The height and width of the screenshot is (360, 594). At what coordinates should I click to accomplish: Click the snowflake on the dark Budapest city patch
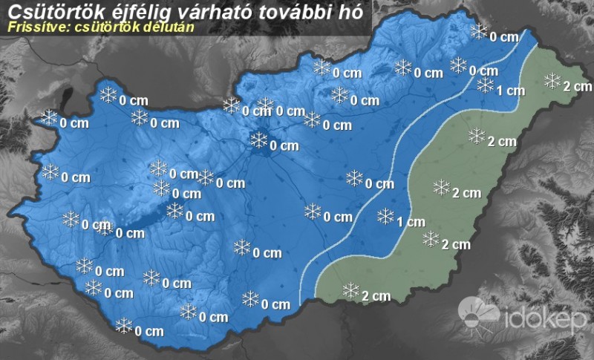(259, 140)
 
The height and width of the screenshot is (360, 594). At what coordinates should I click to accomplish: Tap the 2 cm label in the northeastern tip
(577, 87)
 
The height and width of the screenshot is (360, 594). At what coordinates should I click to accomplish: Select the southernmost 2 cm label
(376, 296)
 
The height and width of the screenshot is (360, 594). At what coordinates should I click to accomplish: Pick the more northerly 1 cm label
(511, 91)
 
